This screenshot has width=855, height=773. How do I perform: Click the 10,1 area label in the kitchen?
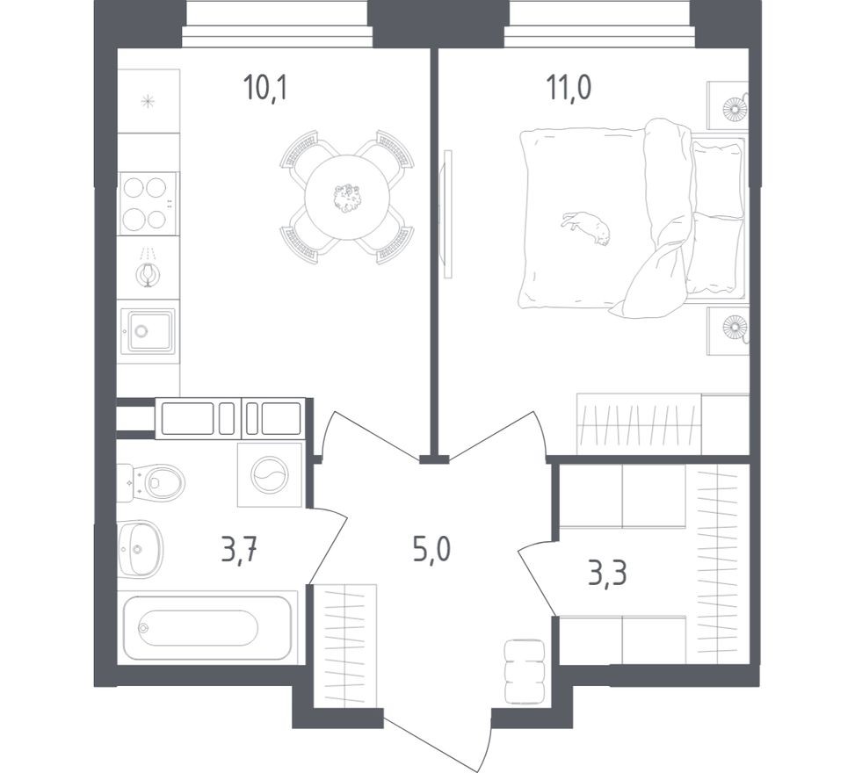click(265, 88)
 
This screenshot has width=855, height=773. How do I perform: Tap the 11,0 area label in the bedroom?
click(569, 88)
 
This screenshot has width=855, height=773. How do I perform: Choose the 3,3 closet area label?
click(607, 573)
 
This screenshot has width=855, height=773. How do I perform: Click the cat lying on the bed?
click(586, 228)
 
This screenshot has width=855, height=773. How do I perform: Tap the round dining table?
click(347, 198)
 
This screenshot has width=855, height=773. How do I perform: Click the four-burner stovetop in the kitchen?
click(148, 204)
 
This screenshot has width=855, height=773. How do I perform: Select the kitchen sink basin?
click(149, 331)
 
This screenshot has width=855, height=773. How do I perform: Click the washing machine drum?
click(270, 474)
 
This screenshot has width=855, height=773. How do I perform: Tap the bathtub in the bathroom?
click(207, 628)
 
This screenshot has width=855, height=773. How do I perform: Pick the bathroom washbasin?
click(140, 548)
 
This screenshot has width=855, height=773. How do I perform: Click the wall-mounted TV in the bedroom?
click(448, 213)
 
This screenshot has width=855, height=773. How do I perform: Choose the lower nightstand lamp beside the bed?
click(735, 328)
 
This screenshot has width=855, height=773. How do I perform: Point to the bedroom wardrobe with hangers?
click(638, 423)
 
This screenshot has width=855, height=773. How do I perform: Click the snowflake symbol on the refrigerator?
click(149, 101)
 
